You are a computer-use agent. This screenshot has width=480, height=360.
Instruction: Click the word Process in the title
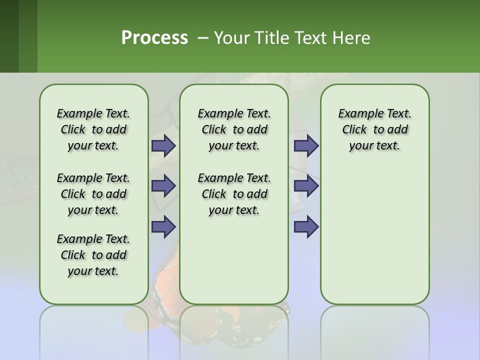(154, 38)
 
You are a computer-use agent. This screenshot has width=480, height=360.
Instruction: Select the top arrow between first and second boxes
(163, 146)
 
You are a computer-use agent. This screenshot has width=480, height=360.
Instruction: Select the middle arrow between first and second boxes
(163, 186)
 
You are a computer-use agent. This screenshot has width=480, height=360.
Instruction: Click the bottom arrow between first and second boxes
(163, 226)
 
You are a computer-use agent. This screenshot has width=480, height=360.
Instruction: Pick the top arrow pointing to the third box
(306, 146)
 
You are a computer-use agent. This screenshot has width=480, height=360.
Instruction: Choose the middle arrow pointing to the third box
(306, 186)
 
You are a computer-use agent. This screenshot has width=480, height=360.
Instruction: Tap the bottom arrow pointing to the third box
(306, 226)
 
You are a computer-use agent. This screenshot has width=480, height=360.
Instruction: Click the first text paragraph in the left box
(93, 129)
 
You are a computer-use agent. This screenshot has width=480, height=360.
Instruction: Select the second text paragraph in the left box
(93, 194)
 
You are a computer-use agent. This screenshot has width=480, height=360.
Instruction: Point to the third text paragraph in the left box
(93, 255)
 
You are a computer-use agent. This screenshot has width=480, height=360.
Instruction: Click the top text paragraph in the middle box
(234, 129)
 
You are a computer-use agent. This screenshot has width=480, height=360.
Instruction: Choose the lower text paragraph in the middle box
(234, 194)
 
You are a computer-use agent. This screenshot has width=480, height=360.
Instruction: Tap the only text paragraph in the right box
(374, 129)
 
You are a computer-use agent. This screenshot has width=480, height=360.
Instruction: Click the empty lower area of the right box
(374, 235)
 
